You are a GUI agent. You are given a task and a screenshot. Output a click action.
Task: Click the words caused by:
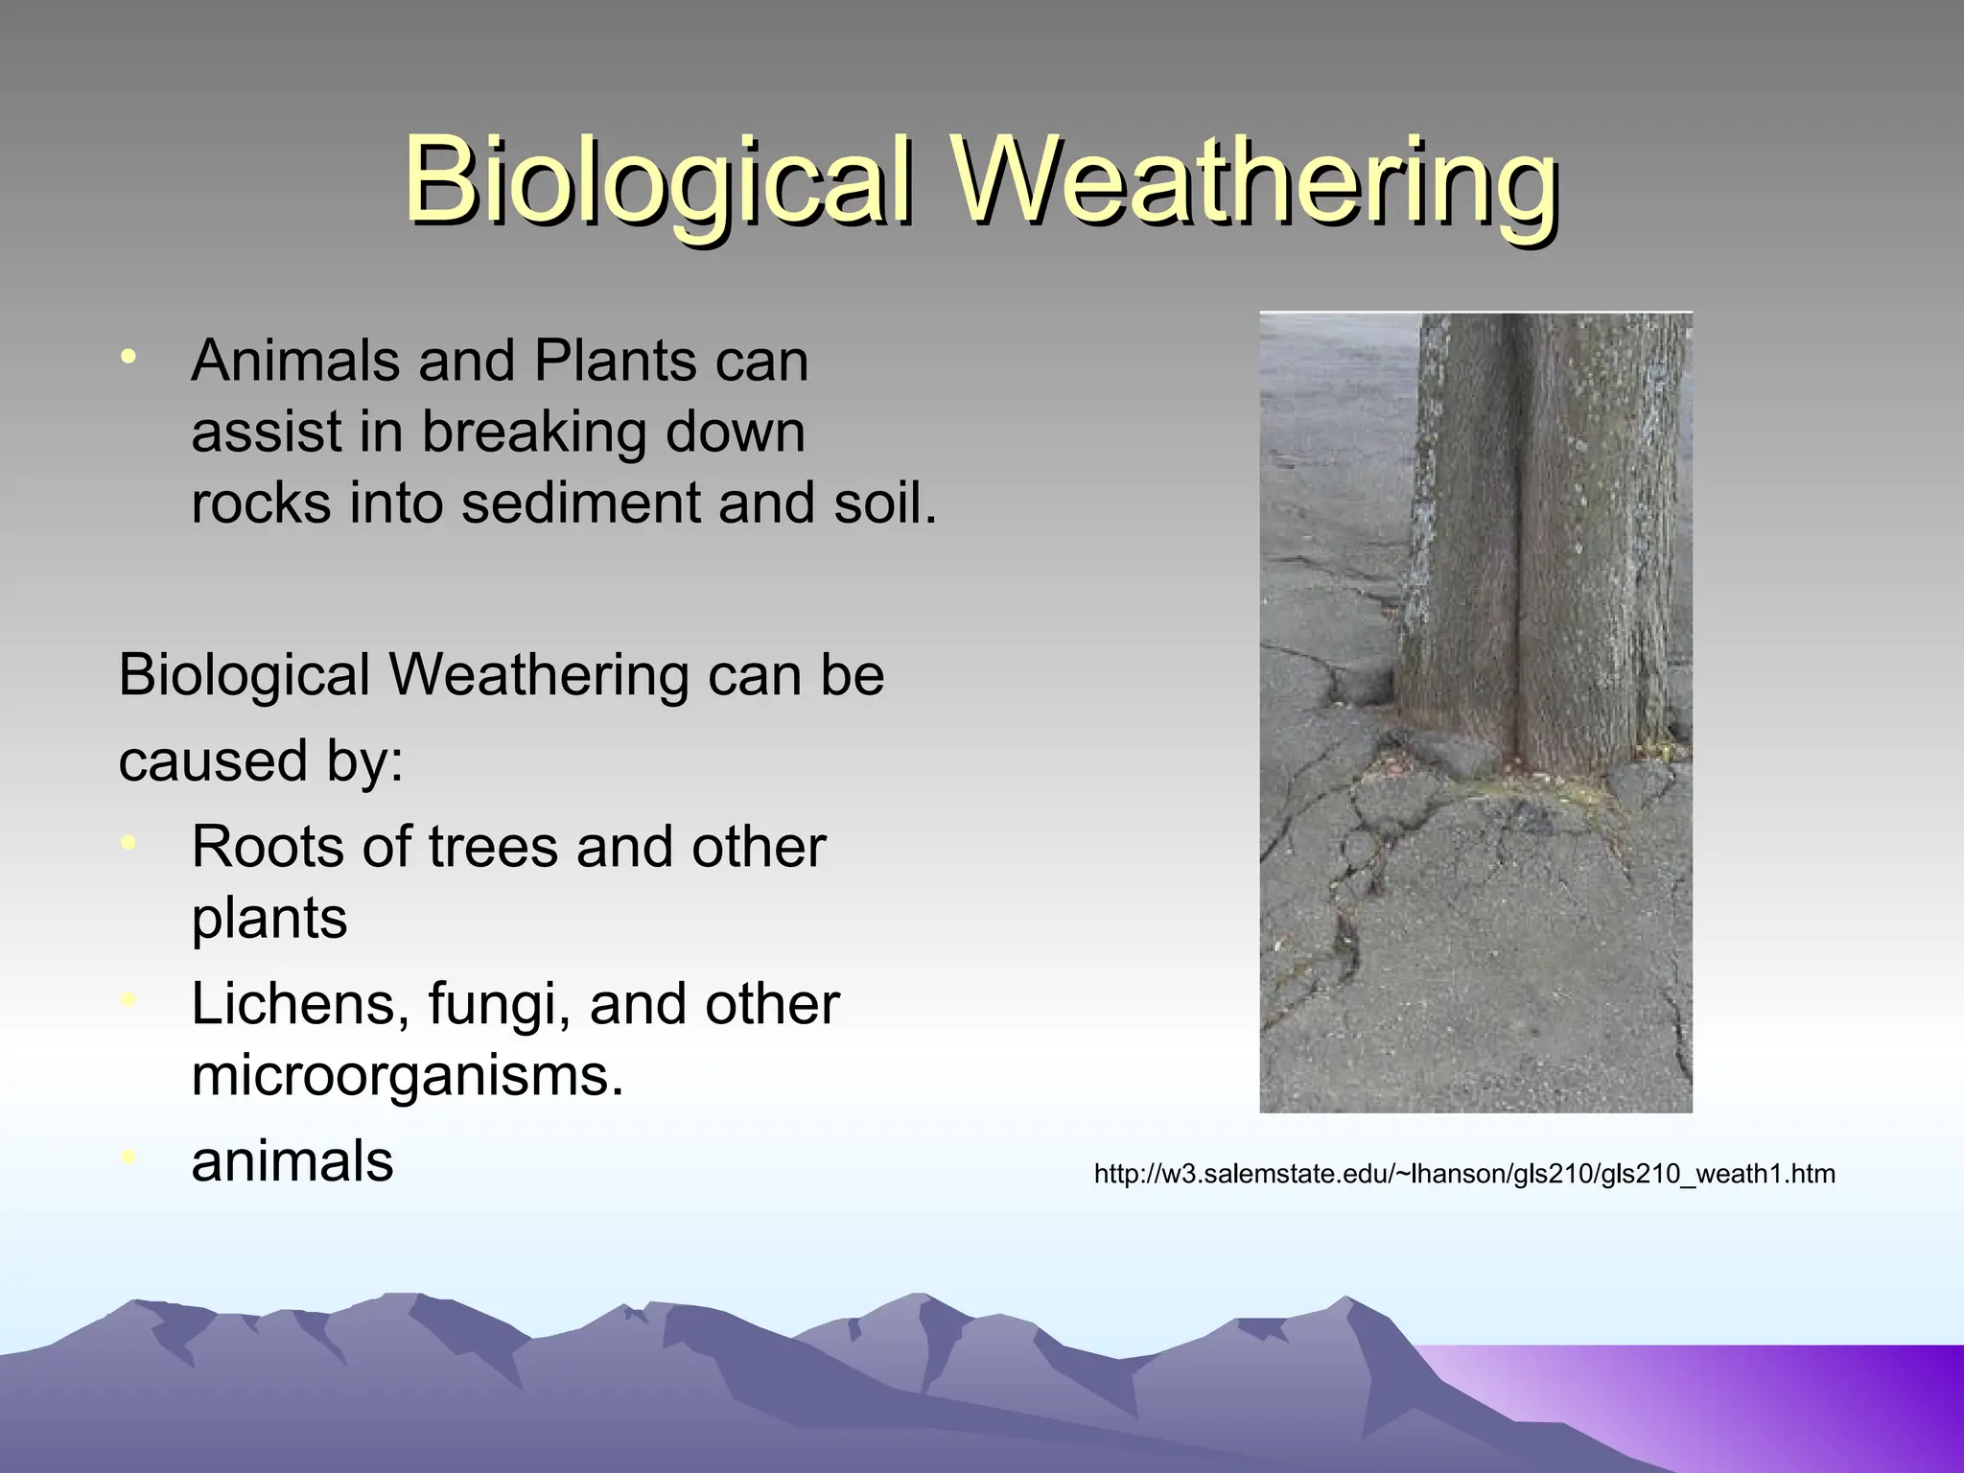coord(261,760)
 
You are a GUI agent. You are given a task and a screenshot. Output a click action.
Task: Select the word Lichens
coord(293,1004)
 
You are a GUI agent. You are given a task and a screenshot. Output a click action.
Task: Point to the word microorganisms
coord(407,1076)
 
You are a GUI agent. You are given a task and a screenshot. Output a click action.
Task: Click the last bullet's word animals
coord(292,1161)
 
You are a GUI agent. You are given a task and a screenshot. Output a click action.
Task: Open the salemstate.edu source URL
coord(1464,1174)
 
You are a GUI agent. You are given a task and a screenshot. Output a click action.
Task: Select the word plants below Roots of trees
coord(269,919)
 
